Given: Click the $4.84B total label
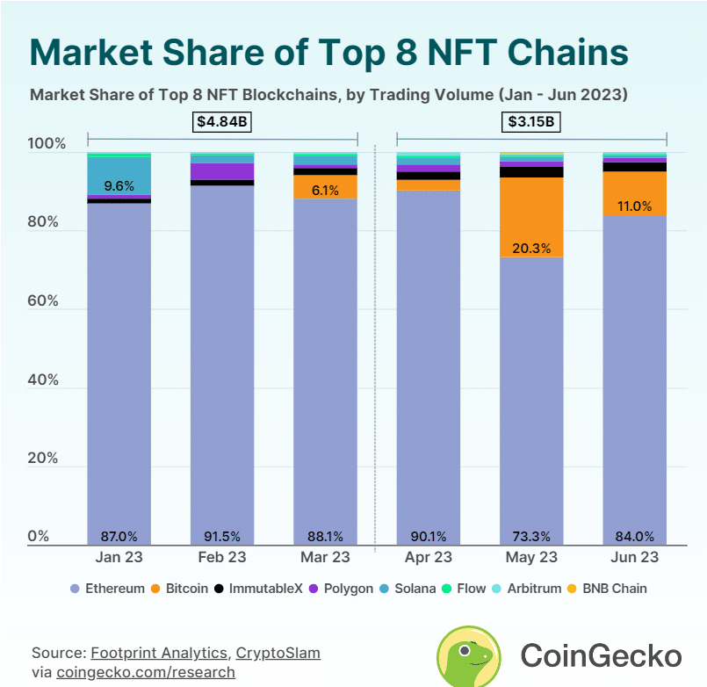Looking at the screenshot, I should pyautogui.click(x=222, y=122).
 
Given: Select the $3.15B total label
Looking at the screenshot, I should pyautogui.click(x=532, y=122).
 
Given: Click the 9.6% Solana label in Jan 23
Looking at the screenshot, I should pyautogui.click(x=119, y=186).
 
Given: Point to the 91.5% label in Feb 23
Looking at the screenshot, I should pyautogui.click(x=222, y=536).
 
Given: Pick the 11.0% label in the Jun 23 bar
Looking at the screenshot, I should pyautogui.click(x=635, y=206).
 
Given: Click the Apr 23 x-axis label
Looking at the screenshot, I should pyautogui.click(x=429, y=557).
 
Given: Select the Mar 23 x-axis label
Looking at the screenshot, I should pyautogui.click(x=326, y=557).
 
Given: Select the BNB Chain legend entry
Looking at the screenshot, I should pyautogui.click(x=612, y=588).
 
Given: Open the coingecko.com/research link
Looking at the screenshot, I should pyautogui.click(x=146, y=672).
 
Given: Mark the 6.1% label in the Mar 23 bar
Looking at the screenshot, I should pyautogui.click(x=326, y=187).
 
